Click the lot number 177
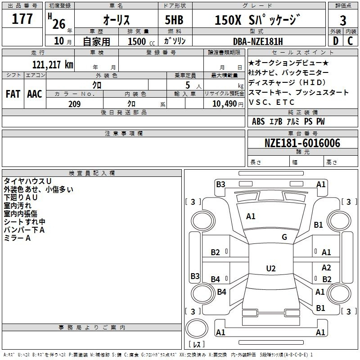point(22,18)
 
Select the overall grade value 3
point(343,20)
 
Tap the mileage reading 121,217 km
point(53,65)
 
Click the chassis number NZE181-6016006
point(302,143)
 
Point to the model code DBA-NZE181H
point(258,41)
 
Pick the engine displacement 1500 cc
point(141,41)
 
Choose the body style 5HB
point(174,20)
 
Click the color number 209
point(74,104)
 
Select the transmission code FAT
point(13,94)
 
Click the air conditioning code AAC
point(35,94)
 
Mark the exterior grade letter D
point(336,41)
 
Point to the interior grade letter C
point(350,41)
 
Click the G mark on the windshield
point(284,237)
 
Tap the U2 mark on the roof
point(271,268)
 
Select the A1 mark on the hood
point(251,216)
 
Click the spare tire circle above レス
point(197,328)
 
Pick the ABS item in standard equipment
point(258,121)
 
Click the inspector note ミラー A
point(17,238)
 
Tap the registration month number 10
point(59,41)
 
